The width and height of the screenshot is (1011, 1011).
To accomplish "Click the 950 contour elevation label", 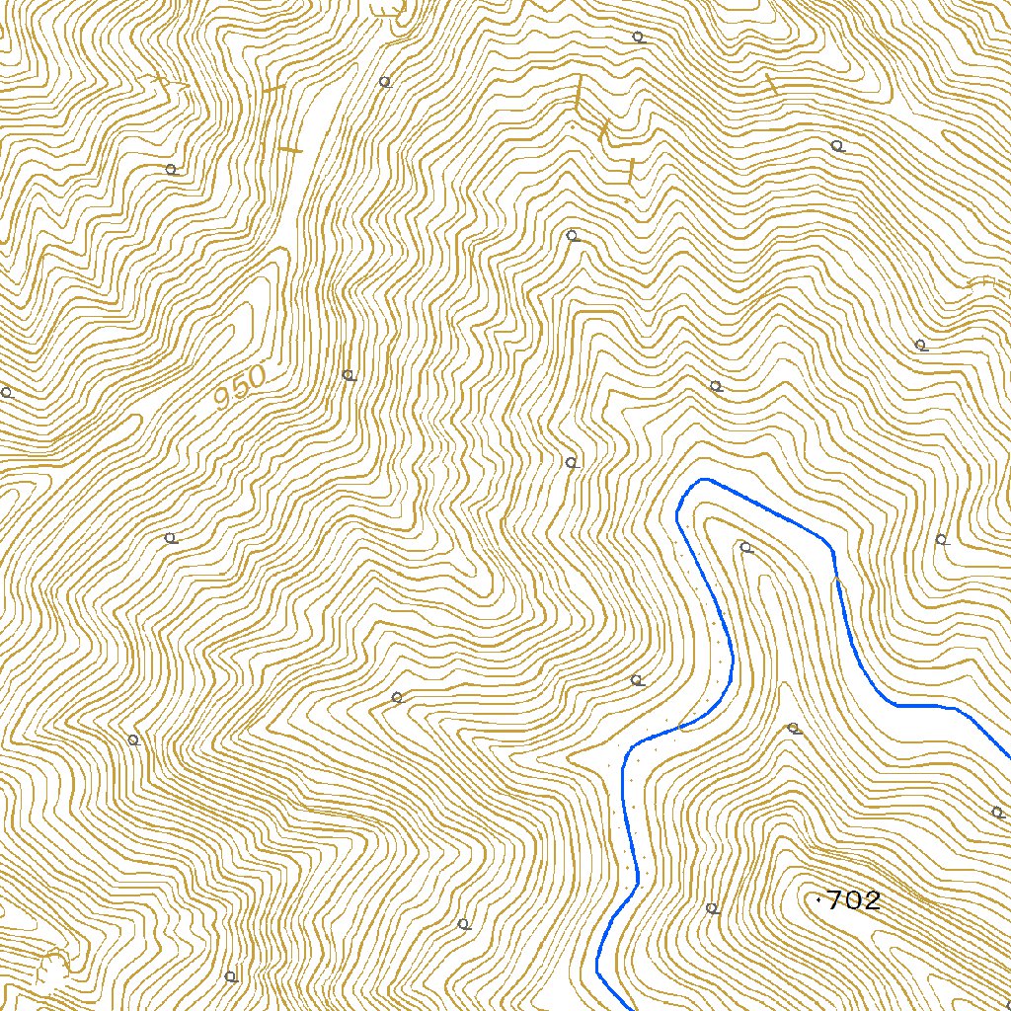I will point(241,388).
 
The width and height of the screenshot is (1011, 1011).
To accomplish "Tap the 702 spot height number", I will point(852,900).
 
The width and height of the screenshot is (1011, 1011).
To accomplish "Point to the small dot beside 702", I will point(819,899).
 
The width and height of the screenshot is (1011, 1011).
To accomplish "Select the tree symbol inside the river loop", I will point(745,547).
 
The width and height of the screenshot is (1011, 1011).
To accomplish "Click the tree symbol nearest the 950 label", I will point(348,374).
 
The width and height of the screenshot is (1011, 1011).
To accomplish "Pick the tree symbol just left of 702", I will point(712,907).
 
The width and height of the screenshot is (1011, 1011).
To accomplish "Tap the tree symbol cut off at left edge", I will point(5,392).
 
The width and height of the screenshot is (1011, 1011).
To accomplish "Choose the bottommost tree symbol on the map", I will point(230,976).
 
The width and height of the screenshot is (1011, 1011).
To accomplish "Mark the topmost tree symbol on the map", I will point(637,37).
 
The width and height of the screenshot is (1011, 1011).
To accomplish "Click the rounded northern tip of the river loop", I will point(702,481).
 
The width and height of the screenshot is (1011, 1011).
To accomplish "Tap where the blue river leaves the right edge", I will point(1007,755).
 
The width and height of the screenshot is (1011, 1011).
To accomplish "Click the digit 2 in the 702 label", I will point(869,900).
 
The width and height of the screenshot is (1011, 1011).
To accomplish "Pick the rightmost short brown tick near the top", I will point(771,84).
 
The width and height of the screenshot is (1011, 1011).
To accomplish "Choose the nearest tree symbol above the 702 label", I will point(792,729).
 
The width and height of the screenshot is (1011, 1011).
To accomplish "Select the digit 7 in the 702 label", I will point(834,900).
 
